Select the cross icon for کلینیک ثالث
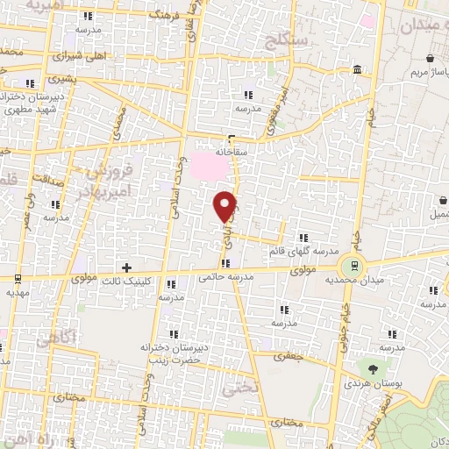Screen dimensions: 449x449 (127, 267)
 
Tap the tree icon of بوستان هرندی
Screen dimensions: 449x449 (374, 368)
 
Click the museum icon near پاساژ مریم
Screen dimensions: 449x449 (357, 70)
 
